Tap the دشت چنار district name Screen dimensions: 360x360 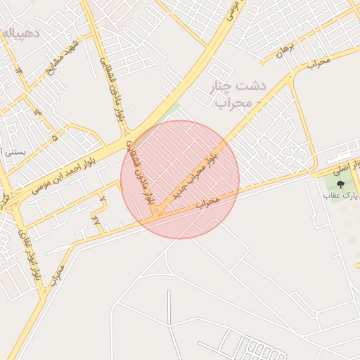(240, 86)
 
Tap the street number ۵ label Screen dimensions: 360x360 (55, 138)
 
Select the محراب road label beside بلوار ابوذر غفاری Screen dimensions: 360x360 (57, 274)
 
